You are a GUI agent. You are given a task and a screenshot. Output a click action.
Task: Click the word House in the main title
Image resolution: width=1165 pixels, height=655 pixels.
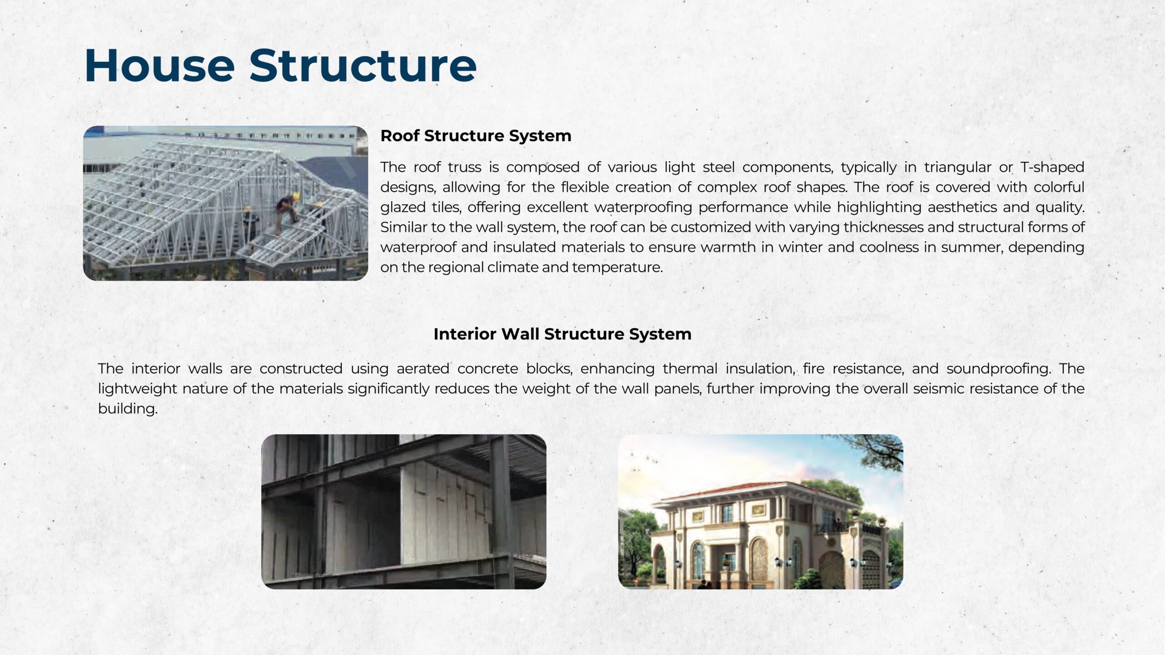coord(159,65)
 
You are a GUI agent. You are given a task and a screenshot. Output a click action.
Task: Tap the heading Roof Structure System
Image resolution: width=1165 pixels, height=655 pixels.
coord(476,136)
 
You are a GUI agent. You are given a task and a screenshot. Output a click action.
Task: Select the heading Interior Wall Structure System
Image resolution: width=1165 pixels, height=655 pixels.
coord(562,334)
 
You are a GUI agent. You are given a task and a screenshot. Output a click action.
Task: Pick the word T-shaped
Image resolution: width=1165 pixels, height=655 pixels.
coord(1052,167)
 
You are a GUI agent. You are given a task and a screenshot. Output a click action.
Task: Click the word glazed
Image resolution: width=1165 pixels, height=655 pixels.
coord(403,207)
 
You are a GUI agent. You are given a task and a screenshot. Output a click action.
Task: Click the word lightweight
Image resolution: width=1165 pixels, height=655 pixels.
coord(137,389)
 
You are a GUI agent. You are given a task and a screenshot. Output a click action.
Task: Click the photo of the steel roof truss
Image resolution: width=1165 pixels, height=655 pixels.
coord(225,203)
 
